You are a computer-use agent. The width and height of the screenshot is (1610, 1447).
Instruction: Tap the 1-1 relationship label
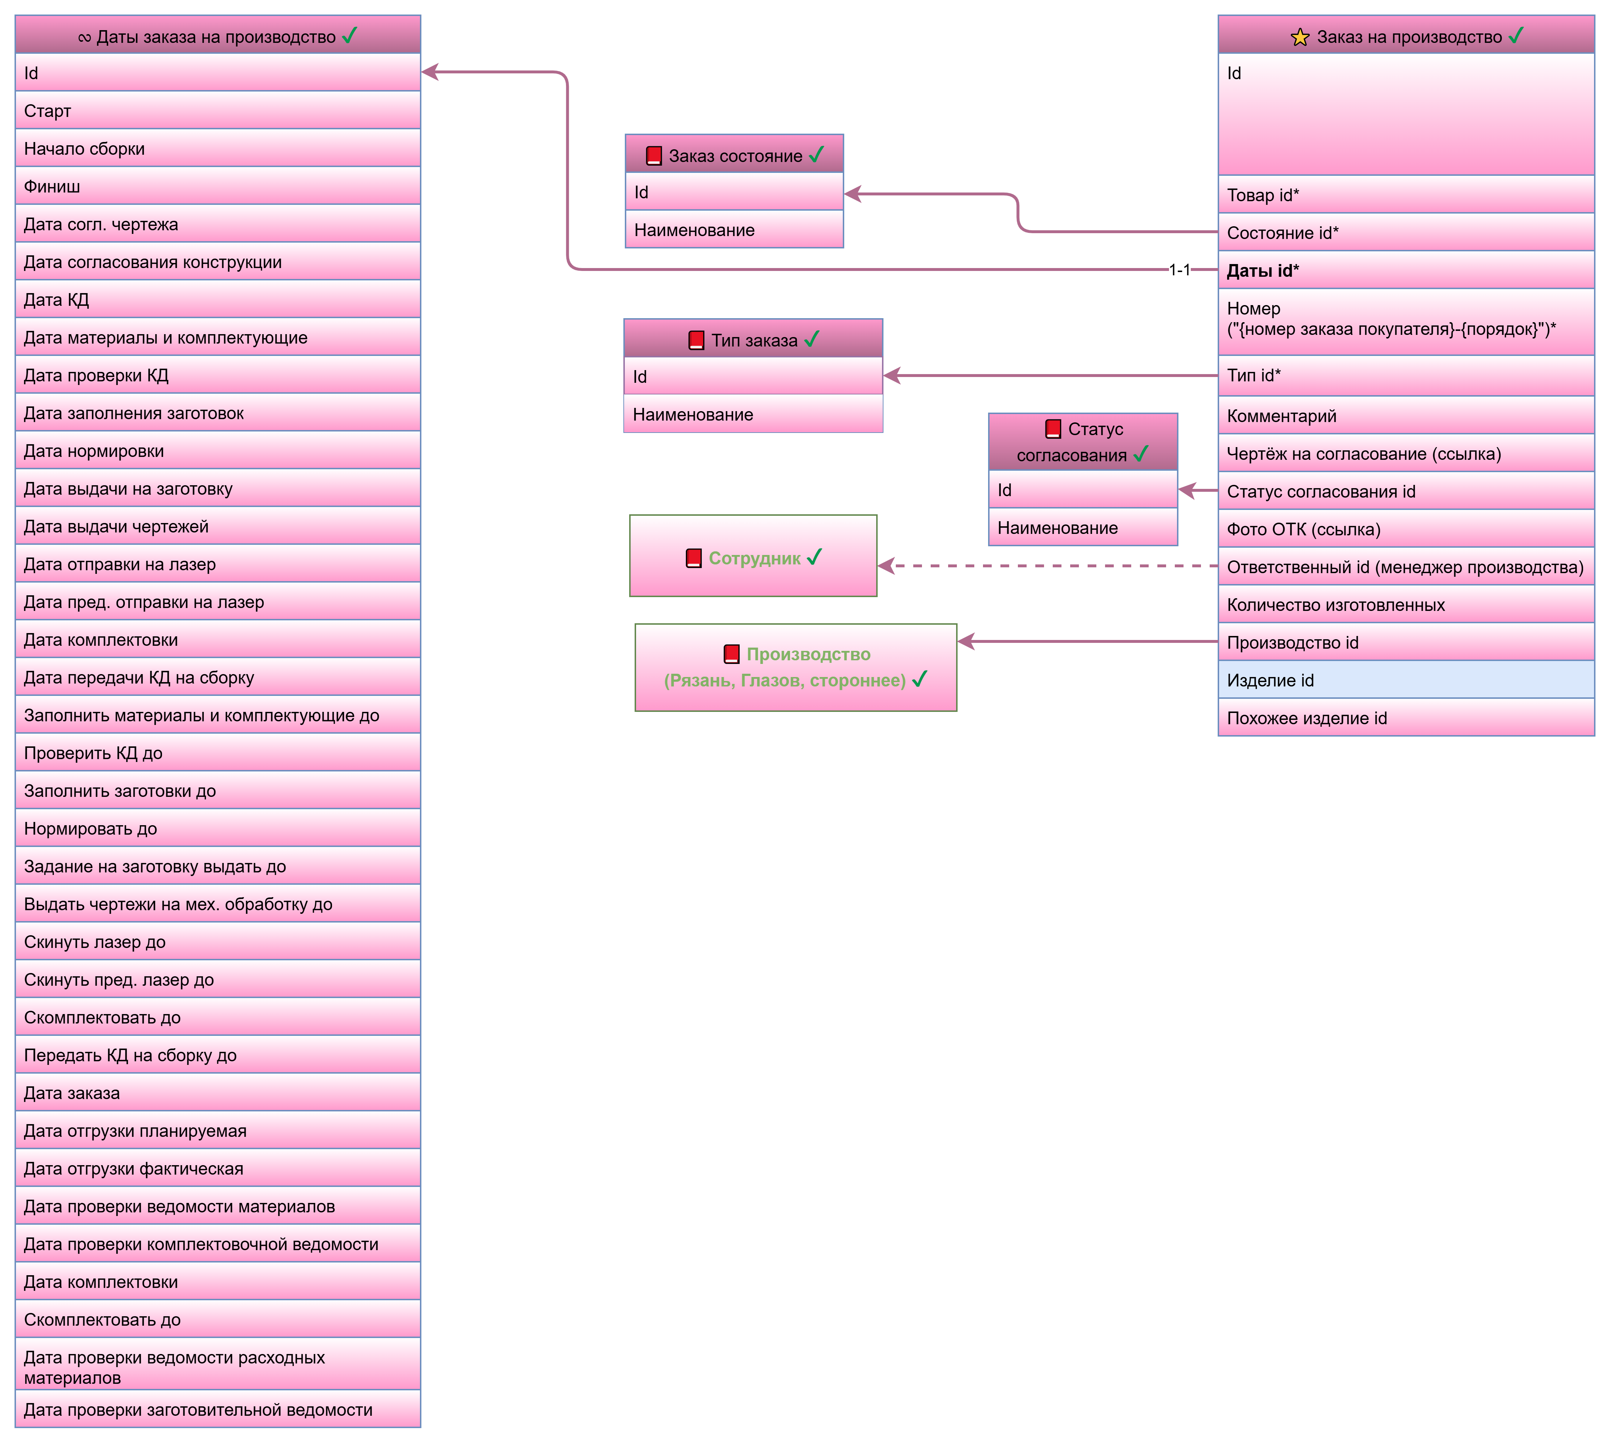1179,270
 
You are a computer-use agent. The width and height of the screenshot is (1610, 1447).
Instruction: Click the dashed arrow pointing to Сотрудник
1049,566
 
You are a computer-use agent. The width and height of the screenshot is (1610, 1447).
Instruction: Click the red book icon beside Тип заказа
696,340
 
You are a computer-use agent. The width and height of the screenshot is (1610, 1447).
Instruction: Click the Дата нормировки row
217,451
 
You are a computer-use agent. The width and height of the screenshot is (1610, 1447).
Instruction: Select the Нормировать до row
217,828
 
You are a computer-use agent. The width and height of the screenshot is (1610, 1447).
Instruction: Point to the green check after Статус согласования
1141,454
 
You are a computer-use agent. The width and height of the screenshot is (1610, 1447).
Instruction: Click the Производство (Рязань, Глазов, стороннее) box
795,667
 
